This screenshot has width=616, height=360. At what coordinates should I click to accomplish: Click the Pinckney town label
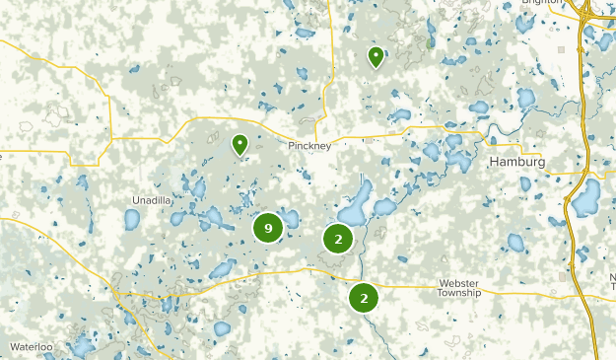point(310,146)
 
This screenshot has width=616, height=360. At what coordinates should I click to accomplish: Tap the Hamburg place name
point(517,162)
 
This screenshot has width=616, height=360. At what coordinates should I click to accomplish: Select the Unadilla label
point(150,200)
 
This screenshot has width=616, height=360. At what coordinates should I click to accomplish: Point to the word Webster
point(459,282)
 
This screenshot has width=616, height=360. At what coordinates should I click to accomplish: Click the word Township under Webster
point(459,293)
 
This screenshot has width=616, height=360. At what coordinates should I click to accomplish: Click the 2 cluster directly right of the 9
point(338,238)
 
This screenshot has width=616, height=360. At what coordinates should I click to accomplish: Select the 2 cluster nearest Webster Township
point(365,295)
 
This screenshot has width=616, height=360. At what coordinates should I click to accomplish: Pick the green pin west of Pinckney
point(240,145)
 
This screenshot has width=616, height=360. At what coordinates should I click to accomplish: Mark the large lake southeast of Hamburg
point(586,199)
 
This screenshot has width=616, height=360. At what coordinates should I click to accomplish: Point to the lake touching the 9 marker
point(289,218)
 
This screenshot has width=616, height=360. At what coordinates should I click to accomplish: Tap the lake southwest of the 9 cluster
point(223,268)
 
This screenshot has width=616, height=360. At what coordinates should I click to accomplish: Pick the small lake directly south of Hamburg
point(515,243)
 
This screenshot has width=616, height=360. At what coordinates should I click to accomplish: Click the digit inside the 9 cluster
point(267,228)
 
